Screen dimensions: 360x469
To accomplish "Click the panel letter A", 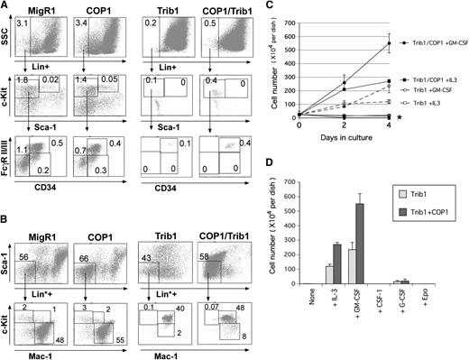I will [6, 6].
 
